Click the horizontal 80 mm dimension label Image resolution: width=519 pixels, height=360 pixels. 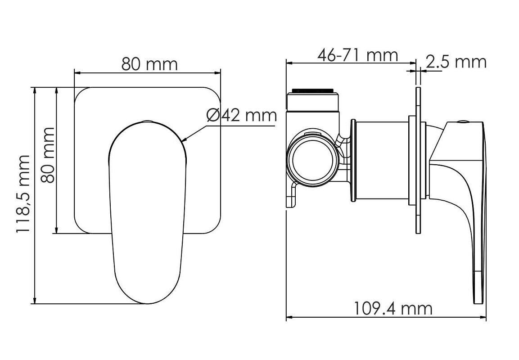coord(149,64)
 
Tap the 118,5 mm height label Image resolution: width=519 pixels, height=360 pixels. coord(23,194)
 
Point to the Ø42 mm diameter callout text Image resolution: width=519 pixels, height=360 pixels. coord(242,115)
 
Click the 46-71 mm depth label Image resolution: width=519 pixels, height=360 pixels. coord(357,55)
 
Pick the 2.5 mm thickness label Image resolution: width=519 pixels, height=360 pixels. coord(456,62)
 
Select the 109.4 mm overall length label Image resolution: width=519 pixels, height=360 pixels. coord(393,308)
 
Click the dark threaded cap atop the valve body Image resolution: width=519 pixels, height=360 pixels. coord(313,91)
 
